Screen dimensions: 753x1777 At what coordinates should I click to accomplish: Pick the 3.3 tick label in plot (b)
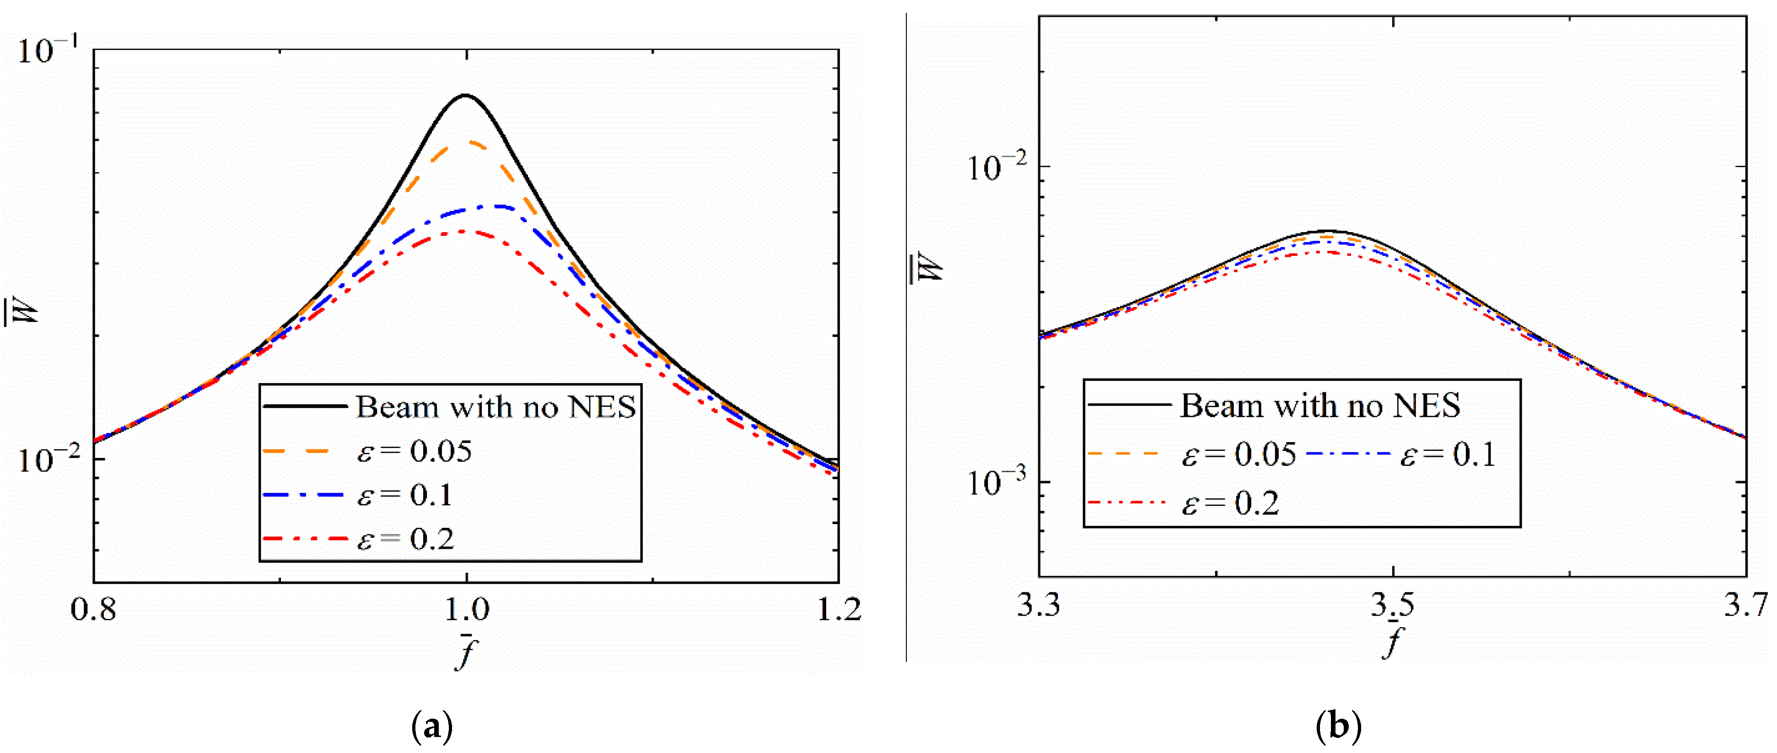pos(1038,605)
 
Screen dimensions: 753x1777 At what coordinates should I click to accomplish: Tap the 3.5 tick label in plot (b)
pos(1393,605)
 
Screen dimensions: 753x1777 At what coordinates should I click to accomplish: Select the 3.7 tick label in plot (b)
pos(1745,605)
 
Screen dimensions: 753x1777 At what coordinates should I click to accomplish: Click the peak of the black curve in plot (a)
pos(466,95)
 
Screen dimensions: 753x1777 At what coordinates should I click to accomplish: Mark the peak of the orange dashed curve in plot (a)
pos(469,141)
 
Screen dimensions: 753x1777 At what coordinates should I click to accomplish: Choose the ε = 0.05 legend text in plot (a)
pos(414,451)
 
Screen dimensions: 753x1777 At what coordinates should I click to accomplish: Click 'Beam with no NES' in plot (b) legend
pos(1319,405)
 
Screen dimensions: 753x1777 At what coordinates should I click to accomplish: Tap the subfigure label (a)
pos(432,727)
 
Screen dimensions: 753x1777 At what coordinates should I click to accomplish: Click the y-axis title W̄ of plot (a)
pos(21,314)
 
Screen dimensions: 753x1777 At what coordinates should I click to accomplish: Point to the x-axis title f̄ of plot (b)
pos(1393,640)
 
